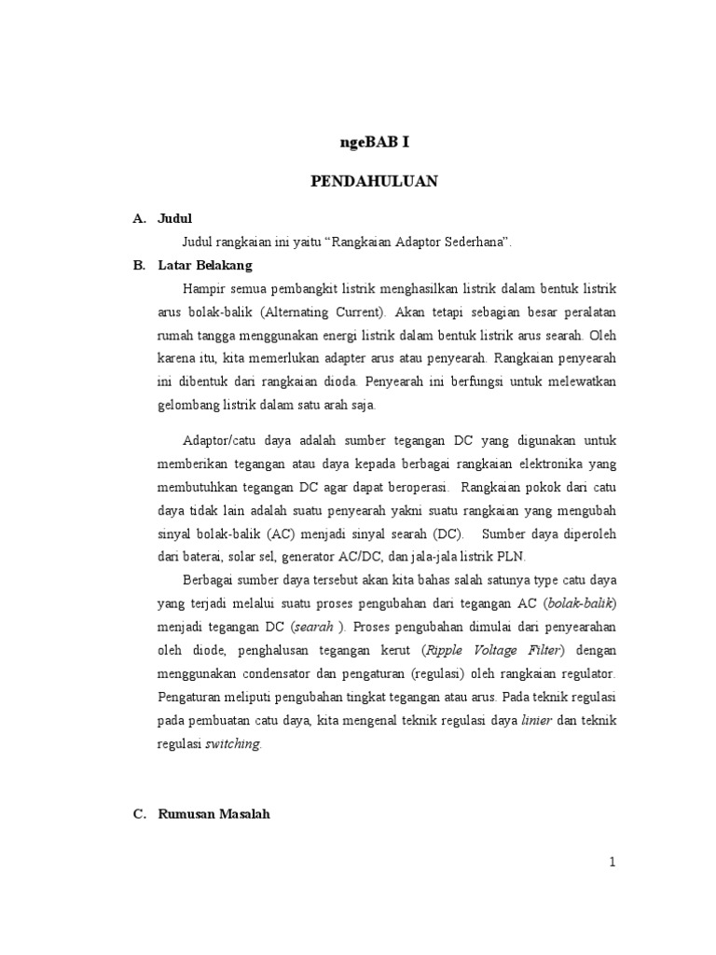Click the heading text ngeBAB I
pos(373,143)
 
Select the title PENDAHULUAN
pos(374,182)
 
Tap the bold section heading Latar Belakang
pos(200,265)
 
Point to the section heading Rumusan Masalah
pos(213,813)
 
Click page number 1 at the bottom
pos(613,862)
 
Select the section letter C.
pos(138,813)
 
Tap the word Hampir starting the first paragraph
pos(204,287)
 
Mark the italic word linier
pos(537,720)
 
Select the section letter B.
pos(138,265)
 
